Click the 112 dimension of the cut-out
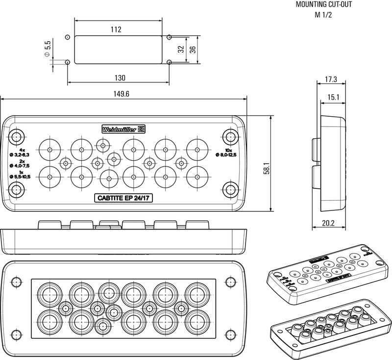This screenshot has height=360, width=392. (x=116, y=29)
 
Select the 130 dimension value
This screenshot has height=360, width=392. (x=120, y=78)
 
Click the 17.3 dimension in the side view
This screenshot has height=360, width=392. (x=331, y=79)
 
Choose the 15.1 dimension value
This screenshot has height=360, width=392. (x=333, y=97)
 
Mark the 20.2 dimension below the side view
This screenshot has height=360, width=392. (x=328, y=223)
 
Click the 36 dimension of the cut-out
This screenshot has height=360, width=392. (x=193, y=49)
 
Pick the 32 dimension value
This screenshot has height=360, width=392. (x=181, y=49)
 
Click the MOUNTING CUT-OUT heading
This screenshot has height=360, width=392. (x=324, y=5)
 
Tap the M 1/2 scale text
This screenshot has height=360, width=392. (x=324, y=14)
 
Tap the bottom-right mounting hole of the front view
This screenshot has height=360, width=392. (x=229, y=188)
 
